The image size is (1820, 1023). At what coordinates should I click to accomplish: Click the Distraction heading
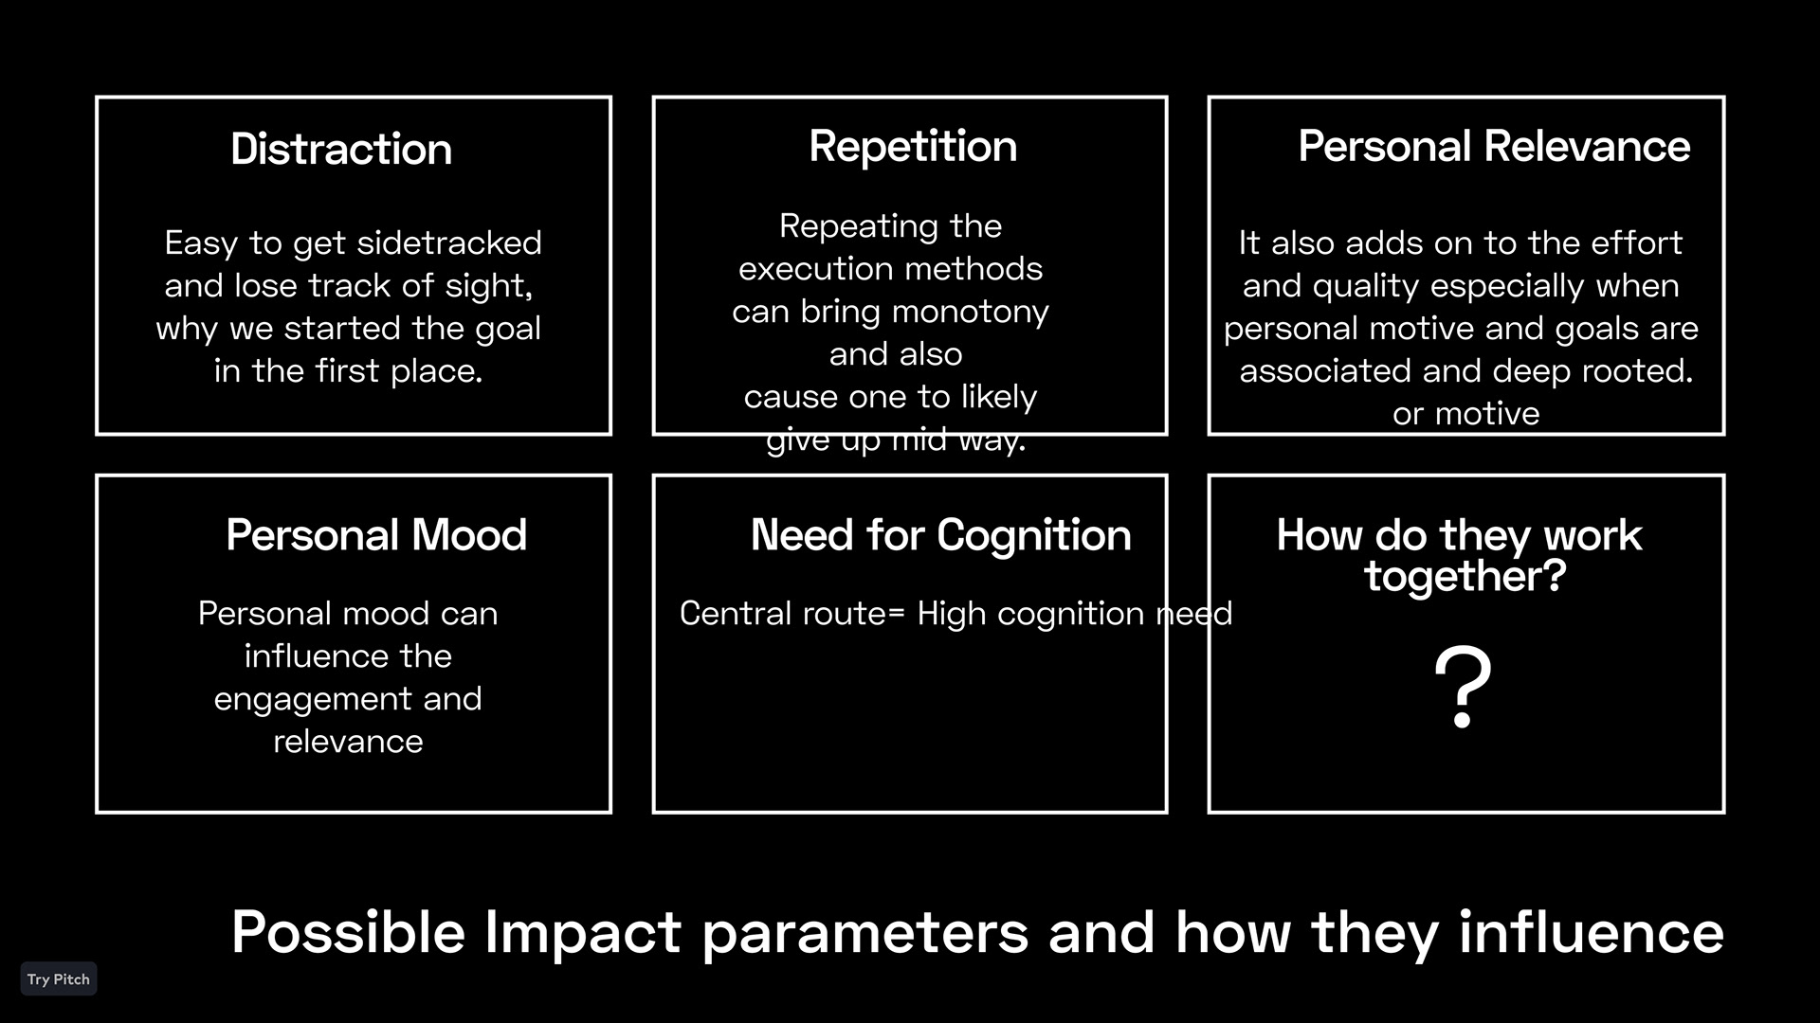pyautogui.click(x=341, y=150)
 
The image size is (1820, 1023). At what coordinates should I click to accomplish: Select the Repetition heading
pyautogui.click(x=913, y=147)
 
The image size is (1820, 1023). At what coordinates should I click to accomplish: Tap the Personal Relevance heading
pyautogui.click(x=1494, y=147)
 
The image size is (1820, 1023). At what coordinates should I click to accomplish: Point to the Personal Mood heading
pyautogui.click(x=376, y=535)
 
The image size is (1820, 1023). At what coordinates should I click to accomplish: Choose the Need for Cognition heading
pyautogui.click(x=940, y=535)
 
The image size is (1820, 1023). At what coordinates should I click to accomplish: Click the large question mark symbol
pyautogui.click(x=1463, y=688)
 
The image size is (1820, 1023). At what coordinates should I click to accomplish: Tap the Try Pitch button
pyautogui.click(x=59, y=979)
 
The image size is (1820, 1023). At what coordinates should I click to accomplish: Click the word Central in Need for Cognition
pyautogui.click(x=736, y=614)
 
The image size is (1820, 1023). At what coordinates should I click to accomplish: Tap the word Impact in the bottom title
pyautogui.click(x=583, y=932)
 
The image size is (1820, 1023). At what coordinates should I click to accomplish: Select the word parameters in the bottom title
pyautogui.click(x=864, y=934)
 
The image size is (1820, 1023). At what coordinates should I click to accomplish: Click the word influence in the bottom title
pyautogui.click(x=1592, y=932)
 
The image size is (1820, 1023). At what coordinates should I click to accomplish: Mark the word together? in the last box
pyautogui.click(x=1465, y=577)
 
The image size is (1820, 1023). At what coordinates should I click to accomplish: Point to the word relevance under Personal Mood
pyautogui.click(x=348, y=742)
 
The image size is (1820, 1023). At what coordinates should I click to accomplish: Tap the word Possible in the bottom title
pyautogui.click(x=348, y=932)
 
